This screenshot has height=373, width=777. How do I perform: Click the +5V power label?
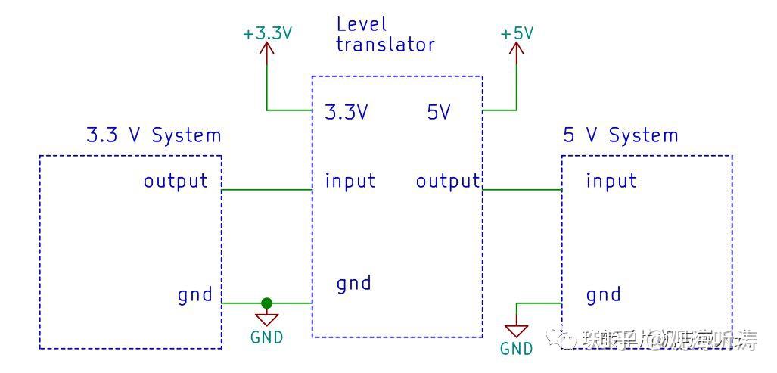[x=517, y=34]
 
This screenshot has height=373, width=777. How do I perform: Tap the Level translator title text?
[x=385, y=36]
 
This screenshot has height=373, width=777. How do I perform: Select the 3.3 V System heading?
[x=154, y=136]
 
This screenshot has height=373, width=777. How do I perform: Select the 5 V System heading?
[x=620, y=136]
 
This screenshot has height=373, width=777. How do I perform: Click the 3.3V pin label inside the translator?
[x=346, y=113]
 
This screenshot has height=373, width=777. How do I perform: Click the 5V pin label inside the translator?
[x=439, y=113]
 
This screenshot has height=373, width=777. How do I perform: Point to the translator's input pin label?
[x=350, y=181]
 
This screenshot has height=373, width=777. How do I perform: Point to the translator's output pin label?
[x=448, y=181]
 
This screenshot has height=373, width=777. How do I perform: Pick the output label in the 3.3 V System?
[x=176, y=181]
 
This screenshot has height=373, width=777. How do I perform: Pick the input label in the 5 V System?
[x=611, y=181]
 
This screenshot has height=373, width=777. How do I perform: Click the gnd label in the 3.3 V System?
[x=195, y=294]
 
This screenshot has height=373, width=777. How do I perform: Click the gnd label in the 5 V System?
[x=603, y=294]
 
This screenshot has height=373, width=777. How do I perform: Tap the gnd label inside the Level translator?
[x=353, y=284]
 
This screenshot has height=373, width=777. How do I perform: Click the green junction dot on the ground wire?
[x=266, y=303]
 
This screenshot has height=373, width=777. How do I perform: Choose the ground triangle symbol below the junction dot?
[x=266, y=319]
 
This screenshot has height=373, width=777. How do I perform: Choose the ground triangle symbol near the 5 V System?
[x=517, y=331]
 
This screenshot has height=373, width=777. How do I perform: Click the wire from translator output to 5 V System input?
[x=522, y=190]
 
